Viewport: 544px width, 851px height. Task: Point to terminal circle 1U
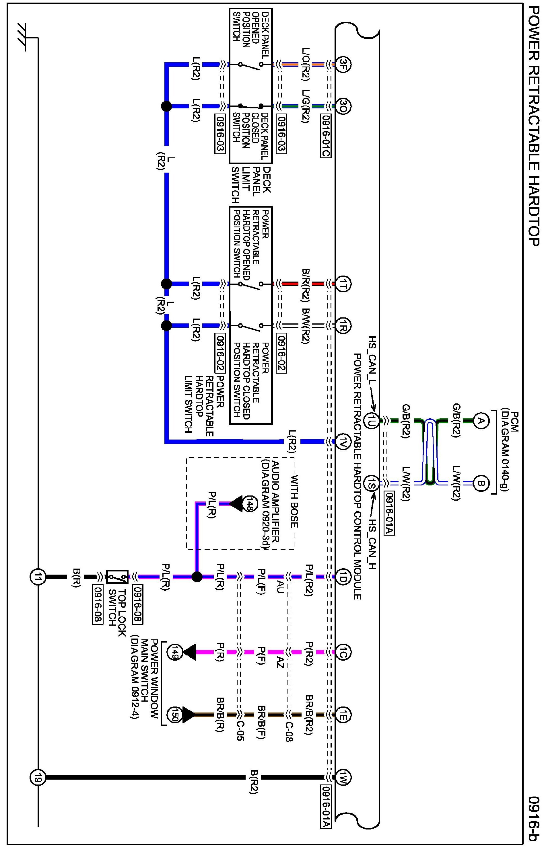pyautogui.click(x=371, y=421)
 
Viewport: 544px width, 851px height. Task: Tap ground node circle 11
pyautogui.click(x=38, y=577)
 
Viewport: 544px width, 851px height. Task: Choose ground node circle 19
pyautogui.click(x=38, y=778)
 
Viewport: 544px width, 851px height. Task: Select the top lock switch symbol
pyautogui.click(x=117, y=577)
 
